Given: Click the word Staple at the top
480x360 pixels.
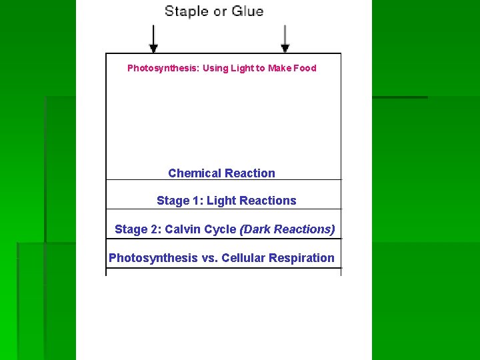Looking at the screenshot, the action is click(186, 11).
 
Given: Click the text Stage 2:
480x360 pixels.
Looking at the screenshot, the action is click(138, 229).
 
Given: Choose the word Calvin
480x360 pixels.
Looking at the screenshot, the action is click(182, 229).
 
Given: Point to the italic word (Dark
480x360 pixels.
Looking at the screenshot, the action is click(255, 229).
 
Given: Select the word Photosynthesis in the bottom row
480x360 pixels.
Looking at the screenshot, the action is click(153, 258).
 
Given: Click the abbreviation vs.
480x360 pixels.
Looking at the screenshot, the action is click(209, 258).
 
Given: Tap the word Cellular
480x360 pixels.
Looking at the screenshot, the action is click(243, 258).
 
